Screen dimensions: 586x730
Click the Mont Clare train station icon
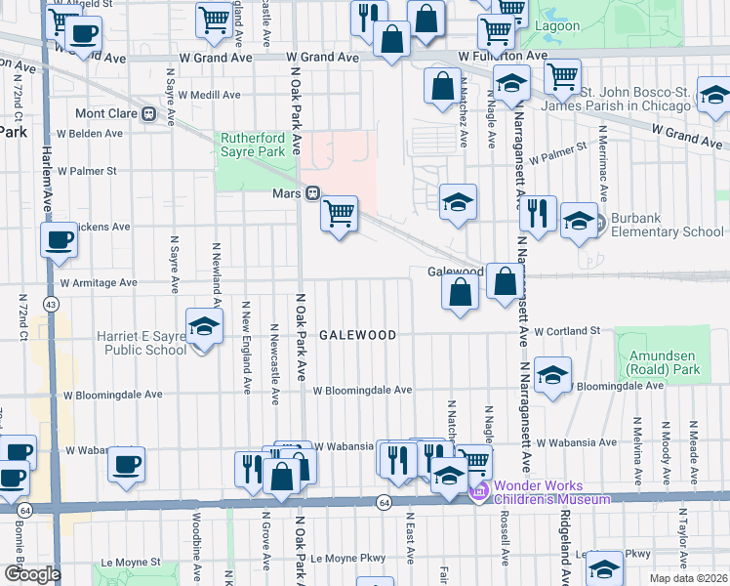(149, 113)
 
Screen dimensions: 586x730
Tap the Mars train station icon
(314, 192)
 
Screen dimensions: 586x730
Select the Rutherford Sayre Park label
(252, 145)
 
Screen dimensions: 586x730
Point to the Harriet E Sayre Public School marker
(204, 327)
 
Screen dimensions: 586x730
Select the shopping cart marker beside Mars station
(339, 213)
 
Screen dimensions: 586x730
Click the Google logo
(33, 573)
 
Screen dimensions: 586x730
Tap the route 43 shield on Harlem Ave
(49, 305)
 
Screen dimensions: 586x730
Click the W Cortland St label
(566, 331)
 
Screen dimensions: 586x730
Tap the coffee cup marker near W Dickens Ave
(59, 239)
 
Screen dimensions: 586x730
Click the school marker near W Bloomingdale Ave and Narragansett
(552, 376)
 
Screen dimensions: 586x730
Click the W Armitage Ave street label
(99, 283)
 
